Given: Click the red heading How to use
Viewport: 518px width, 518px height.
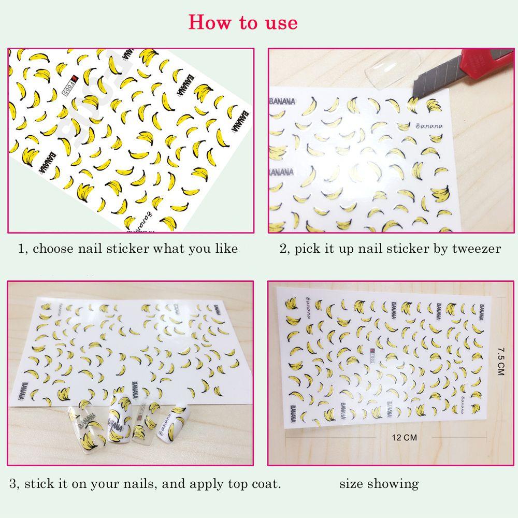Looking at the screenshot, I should pyautogui.click(x=243, y=22).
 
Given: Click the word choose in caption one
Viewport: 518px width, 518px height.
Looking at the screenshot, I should pyautogui.click(x=54, y=249).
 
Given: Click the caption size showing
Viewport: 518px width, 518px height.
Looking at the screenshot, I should pyautogui.click(x=379, y=484).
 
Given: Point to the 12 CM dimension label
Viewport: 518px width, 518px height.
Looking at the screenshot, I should pyautogui.click(x=404, y=438).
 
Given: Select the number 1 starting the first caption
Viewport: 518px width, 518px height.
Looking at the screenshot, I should pyautogui.click(x=21, y=249).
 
